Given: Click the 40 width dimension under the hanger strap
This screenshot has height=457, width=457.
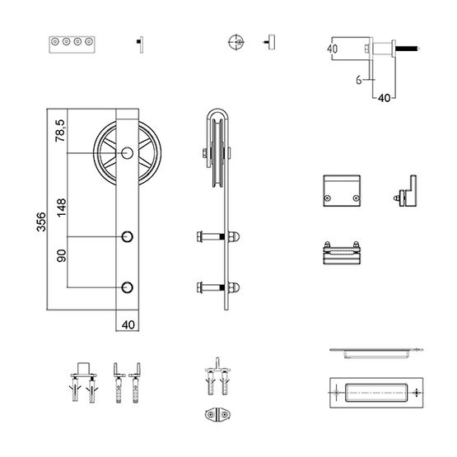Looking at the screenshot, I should (x=127, y=324).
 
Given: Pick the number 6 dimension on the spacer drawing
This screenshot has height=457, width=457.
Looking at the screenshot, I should (x=359, y=80).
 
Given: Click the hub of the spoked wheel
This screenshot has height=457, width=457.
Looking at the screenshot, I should (x=127, y=154).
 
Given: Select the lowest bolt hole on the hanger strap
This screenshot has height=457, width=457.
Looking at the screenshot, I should (x=127, y=287).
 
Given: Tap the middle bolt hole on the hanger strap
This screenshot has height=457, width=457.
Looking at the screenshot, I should (x=127, y=237).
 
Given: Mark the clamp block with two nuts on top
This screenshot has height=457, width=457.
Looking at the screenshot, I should (x=340, y=252).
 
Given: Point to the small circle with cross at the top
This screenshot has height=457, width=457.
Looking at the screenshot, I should (x=235, y=43).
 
